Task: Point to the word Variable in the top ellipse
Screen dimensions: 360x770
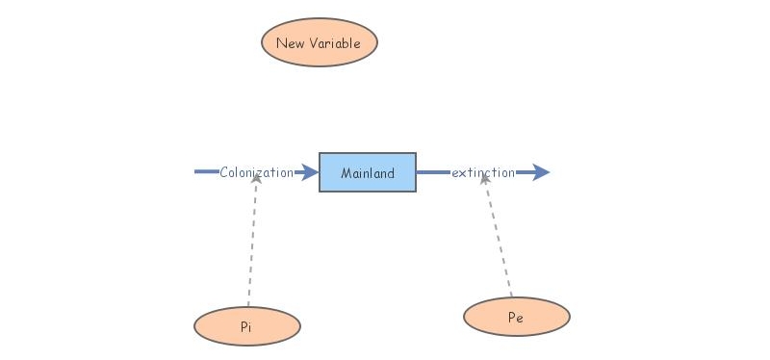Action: pos(335,43)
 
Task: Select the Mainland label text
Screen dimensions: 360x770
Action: pos(368,173)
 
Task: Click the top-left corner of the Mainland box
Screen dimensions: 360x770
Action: pos(320,153)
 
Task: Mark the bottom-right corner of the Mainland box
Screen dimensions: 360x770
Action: pos(416,191)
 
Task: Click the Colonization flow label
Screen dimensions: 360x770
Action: pos(256,173)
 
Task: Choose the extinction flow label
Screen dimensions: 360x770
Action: pos(483,173)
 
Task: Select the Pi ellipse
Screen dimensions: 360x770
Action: pos(247,327)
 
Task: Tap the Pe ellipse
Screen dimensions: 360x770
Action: pos(516,317)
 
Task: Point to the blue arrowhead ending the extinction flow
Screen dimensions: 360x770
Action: pos(540,172)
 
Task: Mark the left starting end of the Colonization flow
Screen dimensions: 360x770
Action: pos(196,172)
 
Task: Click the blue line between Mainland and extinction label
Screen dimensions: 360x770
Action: pos(432,172)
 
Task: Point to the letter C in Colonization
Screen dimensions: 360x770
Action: pos(223,173)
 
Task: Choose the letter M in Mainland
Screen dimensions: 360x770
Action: pos(346,173)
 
